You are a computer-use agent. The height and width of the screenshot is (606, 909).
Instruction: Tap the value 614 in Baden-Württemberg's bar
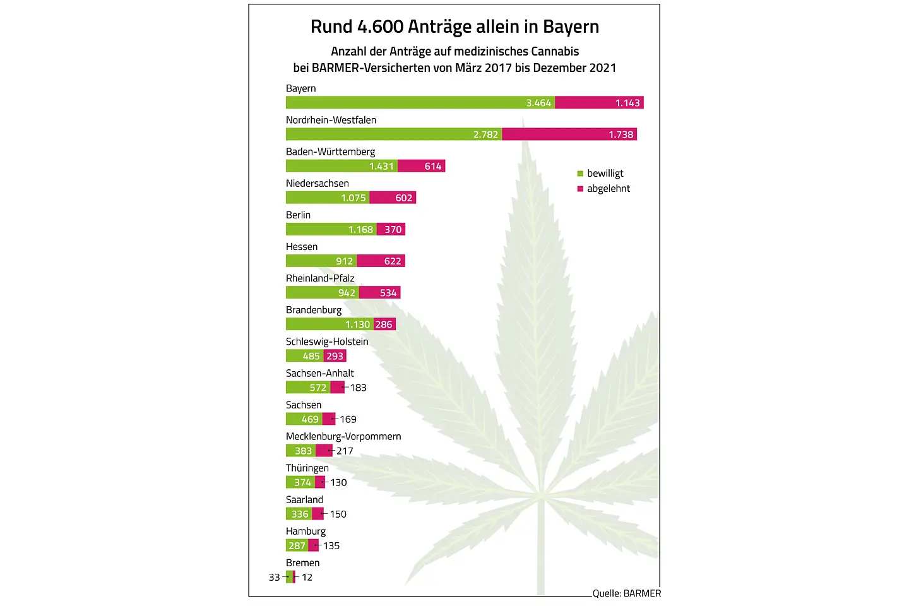click(433, 167)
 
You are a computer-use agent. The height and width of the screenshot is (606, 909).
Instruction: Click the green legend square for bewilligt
click(580, 174)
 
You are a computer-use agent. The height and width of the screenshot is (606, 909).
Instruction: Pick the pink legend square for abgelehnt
click(580, 189)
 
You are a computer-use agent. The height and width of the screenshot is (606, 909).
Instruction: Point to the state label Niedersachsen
click(317, 184)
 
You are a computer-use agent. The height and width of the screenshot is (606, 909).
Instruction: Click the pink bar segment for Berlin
click(391, 230)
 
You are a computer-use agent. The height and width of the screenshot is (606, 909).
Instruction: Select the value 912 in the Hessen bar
click(344, 261)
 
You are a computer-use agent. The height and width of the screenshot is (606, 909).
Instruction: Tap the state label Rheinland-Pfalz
click(320, 278)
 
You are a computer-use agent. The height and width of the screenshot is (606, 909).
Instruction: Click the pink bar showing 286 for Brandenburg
click(384, 324)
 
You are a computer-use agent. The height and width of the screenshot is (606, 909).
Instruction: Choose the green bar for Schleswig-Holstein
click(304, 356)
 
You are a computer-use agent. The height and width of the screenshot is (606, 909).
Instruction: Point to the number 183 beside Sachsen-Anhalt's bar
click(358, 388)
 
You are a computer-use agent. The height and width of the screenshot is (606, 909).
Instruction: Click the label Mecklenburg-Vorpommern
click(343, 436)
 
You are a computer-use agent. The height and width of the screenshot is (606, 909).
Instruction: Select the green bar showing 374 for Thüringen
click(300, 482)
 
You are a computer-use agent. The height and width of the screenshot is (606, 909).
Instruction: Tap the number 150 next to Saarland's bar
click(338, 514)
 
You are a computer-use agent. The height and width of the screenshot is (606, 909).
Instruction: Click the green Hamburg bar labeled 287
click(297, 545)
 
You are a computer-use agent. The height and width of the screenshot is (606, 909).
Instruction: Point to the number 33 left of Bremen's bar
click(274, 577)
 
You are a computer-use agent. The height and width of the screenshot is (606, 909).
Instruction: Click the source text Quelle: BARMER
click(627, 593)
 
